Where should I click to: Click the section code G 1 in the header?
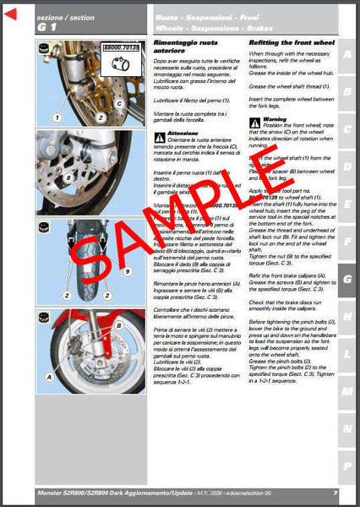click(46, 28)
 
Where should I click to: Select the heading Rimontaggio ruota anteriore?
click(185, 57)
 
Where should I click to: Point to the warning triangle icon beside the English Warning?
click(254, 122)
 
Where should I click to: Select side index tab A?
click(346, 57)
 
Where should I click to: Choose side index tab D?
click(346, 166)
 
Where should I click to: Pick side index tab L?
click(346, 353)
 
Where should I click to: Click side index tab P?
click(346, 466)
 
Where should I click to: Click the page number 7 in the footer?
click(335, 493)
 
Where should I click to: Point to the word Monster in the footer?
click(52, 493)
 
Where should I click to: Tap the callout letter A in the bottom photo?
click(52, 378)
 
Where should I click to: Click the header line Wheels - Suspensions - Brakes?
click(208, 28)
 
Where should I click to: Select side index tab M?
click(346, 391)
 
